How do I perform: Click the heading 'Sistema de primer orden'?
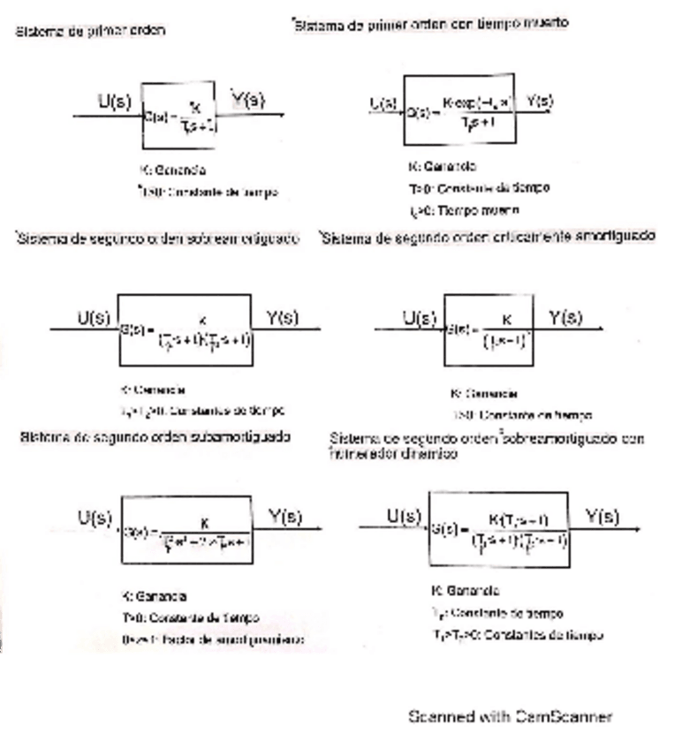89,31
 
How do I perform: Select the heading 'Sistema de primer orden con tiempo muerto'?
430,25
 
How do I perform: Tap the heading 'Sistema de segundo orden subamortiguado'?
155,437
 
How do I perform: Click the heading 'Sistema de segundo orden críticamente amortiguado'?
488,237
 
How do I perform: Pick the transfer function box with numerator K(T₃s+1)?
498,529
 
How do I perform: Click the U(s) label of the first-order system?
115,102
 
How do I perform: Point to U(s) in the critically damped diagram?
421,318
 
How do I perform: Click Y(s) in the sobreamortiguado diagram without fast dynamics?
282,318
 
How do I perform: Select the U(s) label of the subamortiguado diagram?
95,518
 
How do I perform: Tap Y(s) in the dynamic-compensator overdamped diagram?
602,517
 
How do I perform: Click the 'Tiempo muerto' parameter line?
463,210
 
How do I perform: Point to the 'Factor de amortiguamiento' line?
213,639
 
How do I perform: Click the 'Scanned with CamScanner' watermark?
510,715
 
